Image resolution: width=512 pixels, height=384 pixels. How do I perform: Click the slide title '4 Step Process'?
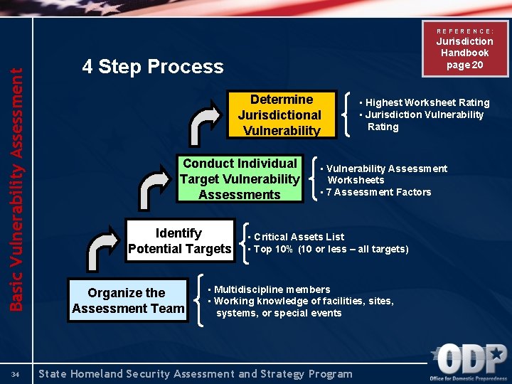(x=152, y=67)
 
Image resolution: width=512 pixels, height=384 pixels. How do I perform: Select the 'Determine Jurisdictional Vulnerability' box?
(x=279, y=114)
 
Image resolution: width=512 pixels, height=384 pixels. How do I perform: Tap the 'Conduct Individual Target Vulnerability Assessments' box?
(x=240, y=179)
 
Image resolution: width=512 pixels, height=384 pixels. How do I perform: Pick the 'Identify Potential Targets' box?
(x=179, y=241)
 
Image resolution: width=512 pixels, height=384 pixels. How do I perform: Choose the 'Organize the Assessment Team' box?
(x=127, y=301)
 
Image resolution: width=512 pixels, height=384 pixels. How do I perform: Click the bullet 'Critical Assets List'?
(x=297, y=237)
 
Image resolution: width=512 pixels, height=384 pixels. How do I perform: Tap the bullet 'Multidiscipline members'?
(x=270, y=289)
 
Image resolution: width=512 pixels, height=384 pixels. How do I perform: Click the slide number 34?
(x=16, y=374)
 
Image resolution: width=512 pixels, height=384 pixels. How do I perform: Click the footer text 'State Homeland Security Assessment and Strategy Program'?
(x=196, y=374)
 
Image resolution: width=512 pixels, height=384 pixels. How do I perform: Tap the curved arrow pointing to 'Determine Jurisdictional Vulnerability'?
(x=207, y=121)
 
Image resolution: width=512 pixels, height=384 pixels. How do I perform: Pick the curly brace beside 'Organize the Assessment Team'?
(x=200, y=301)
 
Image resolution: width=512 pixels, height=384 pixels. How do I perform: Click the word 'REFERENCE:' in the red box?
(x=464, y=31)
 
